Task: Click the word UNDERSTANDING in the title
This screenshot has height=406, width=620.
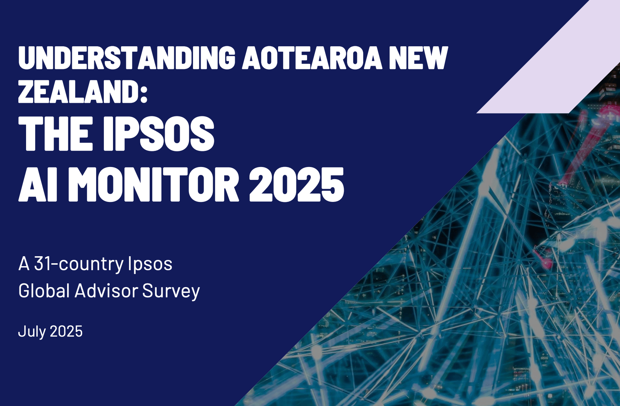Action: pos(127,58)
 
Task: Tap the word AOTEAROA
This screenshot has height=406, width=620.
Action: pos(312,58)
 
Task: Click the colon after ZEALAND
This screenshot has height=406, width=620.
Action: pos(144,94)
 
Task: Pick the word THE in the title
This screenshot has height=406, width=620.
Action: pos(55,134)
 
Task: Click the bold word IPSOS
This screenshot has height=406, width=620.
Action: pos(158,134)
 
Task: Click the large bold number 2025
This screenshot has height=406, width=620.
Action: pos(297,184)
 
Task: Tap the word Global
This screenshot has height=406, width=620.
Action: pos(44,291)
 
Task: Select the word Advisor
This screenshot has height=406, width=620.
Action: pos(106,291)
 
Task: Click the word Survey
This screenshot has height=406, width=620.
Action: pos(171,292)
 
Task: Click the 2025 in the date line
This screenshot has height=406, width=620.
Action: pos(66,331)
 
